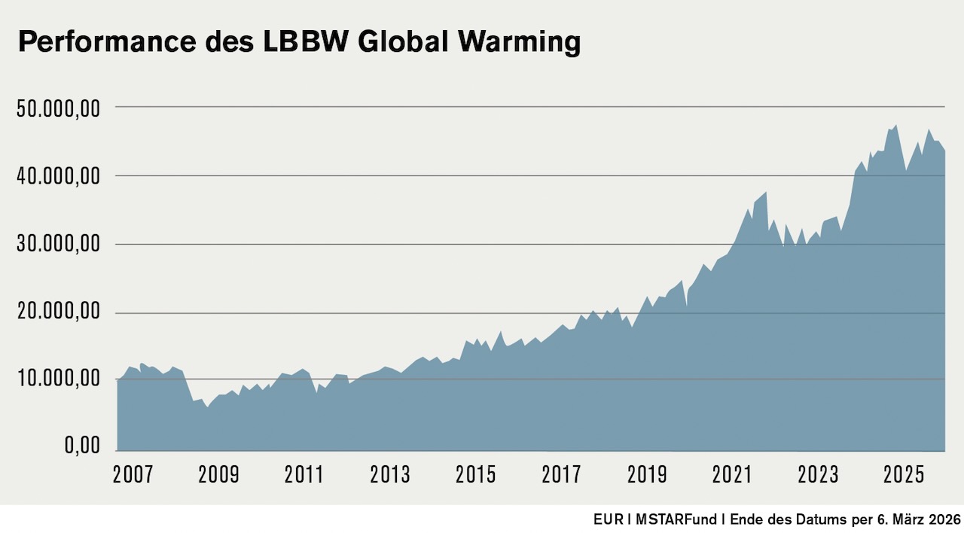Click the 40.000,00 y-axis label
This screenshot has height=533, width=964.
[57, 177]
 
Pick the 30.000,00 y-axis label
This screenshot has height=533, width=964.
[57, 245]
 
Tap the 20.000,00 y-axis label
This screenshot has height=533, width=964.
[57, 312]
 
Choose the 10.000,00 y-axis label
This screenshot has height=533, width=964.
[57, 379]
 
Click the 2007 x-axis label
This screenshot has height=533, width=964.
[133, 475]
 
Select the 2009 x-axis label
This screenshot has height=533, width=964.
[218, 475]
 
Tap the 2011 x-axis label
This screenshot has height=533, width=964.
[304, 475]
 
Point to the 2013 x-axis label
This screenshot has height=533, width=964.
[390, 475]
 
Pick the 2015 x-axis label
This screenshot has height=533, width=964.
[476, 475]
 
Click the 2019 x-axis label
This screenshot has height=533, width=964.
[647, 475]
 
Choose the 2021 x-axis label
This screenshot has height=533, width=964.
[733, 475]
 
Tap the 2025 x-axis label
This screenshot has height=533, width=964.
[904, 475]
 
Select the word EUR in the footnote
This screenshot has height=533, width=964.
[606, 520]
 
